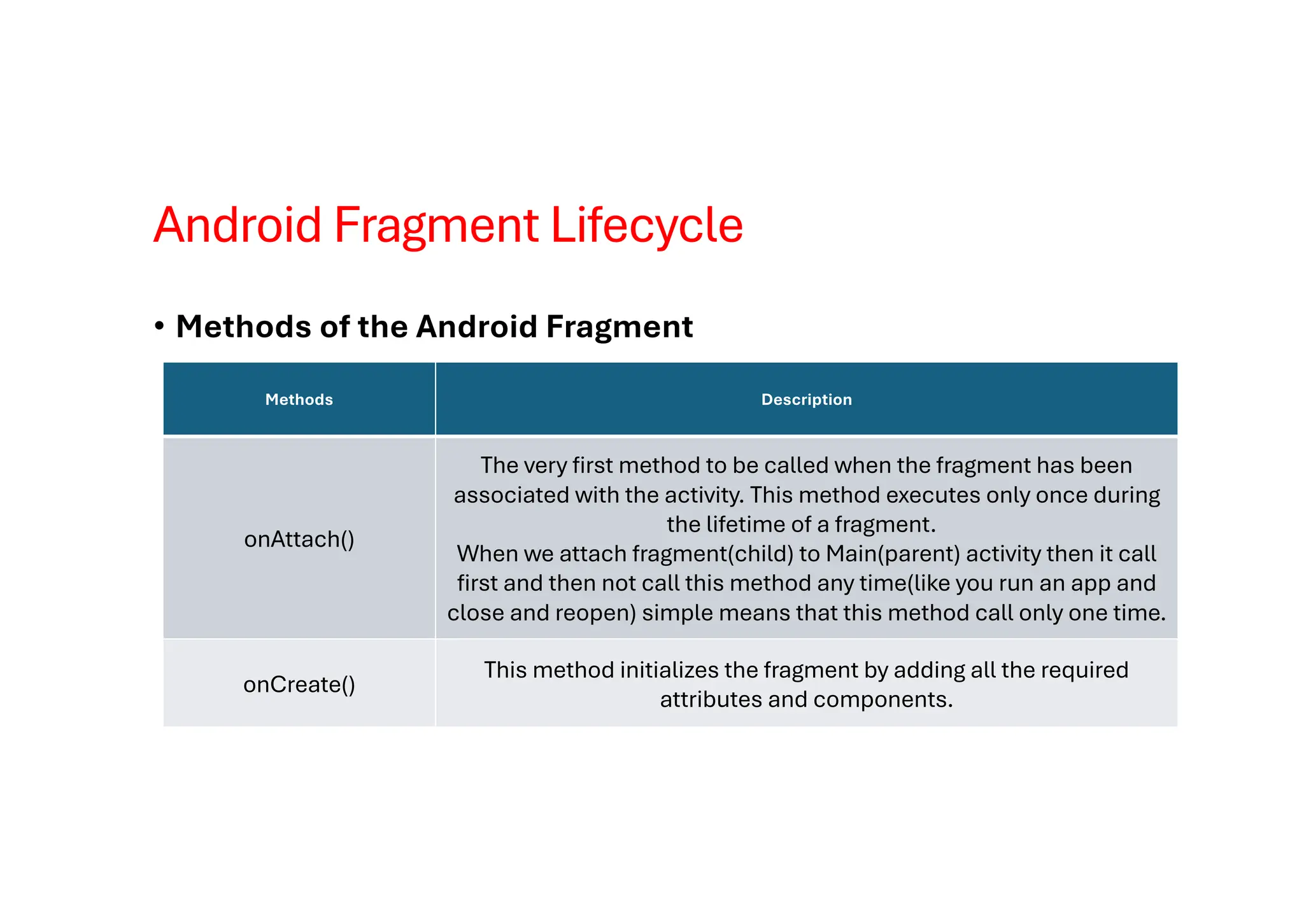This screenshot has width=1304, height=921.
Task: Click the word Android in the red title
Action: pyautogui.click(x=237, y=225)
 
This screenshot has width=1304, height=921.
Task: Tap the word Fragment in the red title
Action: pyautogui.click(x=436, y=225)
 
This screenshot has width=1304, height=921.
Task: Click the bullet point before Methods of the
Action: pyautogui.click(x=159, y=327)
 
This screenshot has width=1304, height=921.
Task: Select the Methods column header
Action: pyautogui.click(x=299, y=400)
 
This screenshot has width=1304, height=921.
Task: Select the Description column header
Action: pyautogui.click(x=806, y=400)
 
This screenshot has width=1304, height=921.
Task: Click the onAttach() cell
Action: pyautogui.click(x=299, y=539)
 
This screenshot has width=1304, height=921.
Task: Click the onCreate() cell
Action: pyautogui.click(x=299, y=684)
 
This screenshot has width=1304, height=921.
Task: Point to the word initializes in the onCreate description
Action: pyautogui.click(x=669, y=670)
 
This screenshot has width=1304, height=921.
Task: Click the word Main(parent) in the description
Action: pyautogui.click(x=893, y=554)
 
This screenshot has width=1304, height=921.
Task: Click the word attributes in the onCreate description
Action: pyautogui.click(x=711, y=700)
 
